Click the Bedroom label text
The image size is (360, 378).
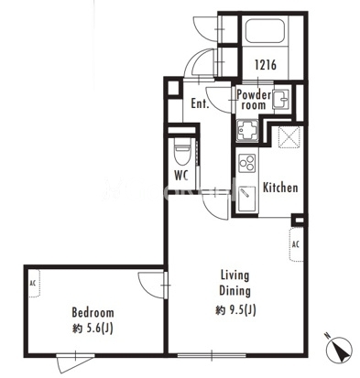click(x=93, y=312)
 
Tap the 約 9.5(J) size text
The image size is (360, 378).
click(x=235, y=310)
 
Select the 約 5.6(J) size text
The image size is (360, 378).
click(x=93, y=329)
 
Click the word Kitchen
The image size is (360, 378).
click(x=280, y=188)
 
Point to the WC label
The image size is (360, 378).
click(x=181, y=176)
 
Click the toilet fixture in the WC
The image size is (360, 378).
click(x=182, y=151)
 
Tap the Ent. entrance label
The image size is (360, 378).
click(x=200, y=103)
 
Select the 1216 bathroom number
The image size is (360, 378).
click(x=266, y=65)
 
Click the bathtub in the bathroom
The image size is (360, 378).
click(x=265, y=31)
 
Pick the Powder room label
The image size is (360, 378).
click(x=254, y=100)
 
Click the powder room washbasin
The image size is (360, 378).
click(x=280, y=100)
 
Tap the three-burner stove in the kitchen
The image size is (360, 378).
click(x=246, y=163)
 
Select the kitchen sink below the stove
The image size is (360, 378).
click(x=246, y=199)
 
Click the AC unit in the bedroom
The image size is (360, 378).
click(x=34, y=283)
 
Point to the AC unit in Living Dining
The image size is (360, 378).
click(x=296, y=244)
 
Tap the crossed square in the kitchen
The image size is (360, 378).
click(x=289, y=137)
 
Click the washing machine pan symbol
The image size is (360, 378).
click(x=247, y=131)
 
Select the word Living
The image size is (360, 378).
click(x=235, y=275)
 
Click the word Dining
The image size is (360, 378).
click(x=235, y=291)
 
